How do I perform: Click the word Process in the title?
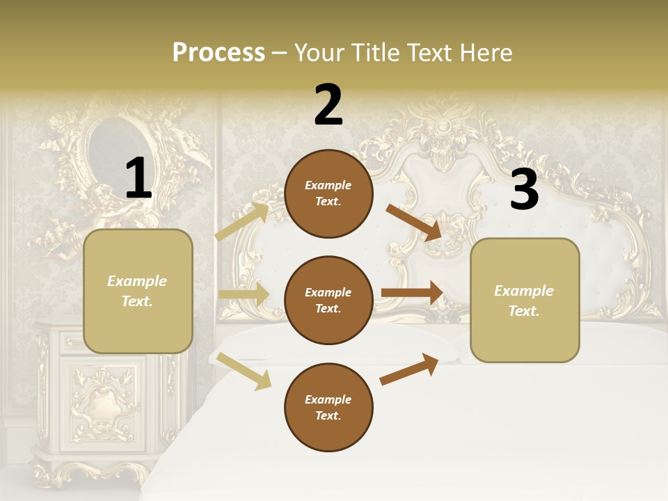(x=218, y=53)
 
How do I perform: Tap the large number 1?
(x=138, y=179)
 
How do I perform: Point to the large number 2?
(x=328, y=105)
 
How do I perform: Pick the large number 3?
(x=524, y=190)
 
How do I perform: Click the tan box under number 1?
(x=138, y=291)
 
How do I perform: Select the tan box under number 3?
(x=525, y=301)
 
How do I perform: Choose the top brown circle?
(x=328, y=193)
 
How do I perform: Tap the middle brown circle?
(x=328, y=301)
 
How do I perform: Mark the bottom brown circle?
(x=328, y=408)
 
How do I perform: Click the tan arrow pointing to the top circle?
(x=242, y=221)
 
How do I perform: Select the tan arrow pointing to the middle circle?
(x=244, y=294)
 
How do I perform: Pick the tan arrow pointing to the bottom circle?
(x=244, y=371)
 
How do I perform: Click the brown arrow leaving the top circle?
(x=414, y=222)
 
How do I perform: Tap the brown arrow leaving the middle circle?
(x=412, y=293)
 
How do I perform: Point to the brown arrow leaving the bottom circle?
(x=409, y=369)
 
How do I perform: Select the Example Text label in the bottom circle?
(x=328, y=408)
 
